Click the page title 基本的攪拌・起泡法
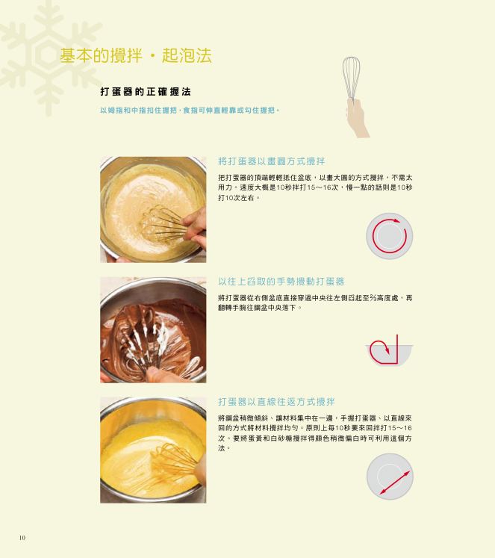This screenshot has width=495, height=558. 135,55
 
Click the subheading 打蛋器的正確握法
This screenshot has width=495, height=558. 146,92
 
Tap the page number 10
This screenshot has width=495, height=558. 22,537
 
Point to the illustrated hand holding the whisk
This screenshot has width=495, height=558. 358,118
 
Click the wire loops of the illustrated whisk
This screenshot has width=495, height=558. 352,77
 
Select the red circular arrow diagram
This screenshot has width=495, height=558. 390,235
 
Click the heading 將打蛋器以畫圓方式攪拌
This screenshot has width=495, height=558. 271,161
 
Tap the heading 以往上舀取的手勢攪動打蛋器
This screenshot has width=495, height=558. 281,282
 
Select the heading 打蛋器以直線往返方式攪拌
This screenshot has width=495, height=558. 276,402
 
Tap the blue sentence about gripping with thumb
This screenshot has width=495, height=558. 190,111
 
